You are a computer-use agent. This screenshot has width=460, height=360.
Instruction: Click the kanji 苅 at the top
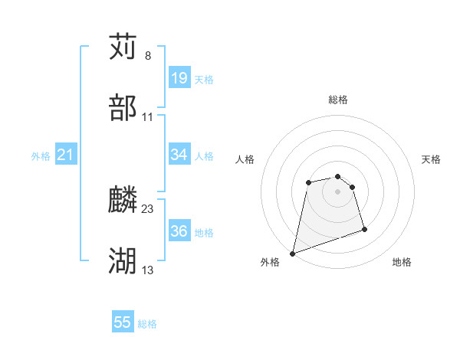coord(123,47)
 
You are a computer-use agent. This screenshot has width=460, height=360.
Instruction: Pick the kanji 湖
coord(123,260)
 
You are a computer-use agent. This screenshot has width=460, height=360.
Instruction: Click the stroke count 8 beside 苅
coord(147,56)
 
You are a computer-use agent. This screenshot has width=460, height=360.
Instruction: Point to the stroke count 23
coord(148,208)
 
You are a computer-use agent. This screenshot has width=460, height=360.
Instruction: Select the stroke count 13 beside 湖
coord(148,270)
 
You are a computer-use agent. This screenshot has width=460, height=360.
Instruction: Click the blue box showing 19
coord(179,78)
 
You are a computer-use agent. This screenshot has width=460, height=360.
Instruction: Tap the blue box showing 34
coord(179,155)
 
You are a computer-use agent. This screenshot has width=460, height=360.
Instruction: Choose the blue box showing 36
coord(179,231)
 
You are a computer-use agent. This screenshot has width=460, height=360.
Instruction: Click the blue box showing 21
coord(65,155)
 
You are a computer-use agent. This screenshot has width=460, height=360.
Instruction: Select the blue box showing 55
coord(123,322)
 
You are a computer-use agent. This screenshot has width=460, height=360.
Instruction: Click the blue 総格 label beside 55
coord(147,324)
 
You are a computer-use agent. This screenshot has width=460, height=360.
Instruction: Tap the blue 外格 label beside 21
coord(41,156)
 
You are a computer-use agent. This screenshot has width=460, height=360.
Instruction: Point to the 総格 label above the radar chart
coord(338,100)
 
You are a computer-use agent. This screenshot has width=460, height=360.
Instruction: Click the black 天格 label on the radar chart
coord(431,159)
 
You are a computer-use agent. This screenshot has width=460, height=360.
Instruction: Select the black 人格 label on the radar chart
coord(245,159)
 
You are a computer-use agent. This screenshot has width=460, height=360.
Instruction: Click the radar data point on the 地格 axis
coord(364,229)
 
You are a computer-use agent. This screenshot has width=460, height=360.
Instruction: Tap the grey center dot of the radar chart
coord(338,191)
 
